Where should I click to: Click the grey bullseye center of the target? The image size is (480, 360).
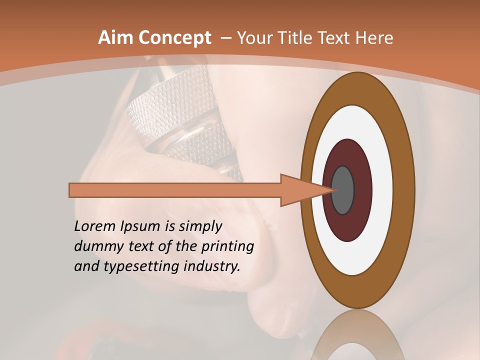pyautogui.click(x=343, y=190)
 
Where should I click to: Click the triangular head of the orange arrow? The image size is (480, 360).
pyautogui.click(x=300, y=190)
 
